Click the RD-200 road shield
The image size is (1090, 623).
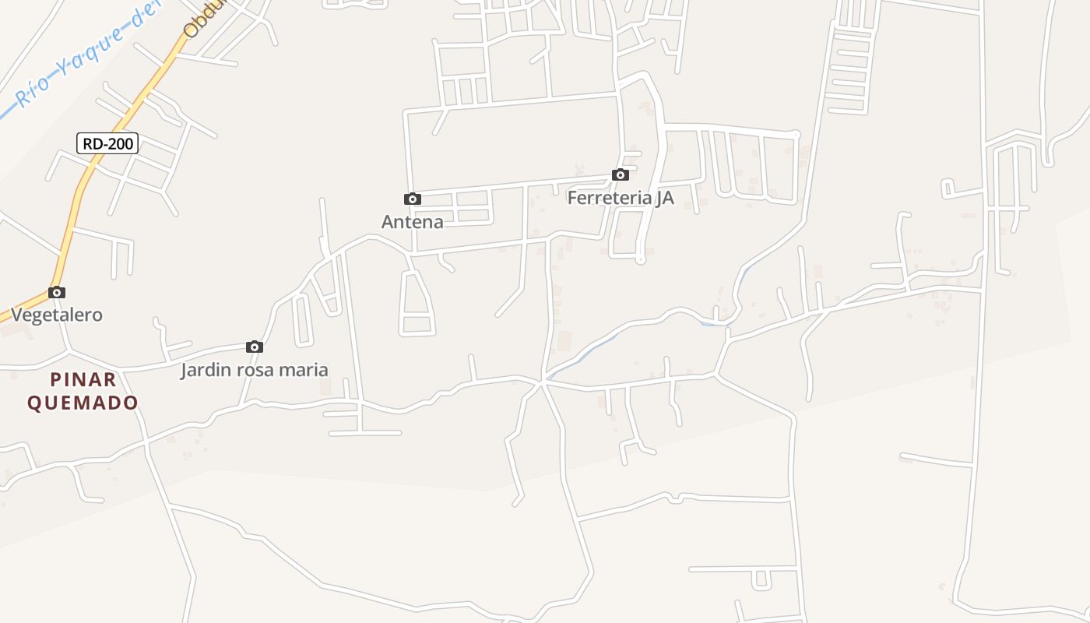(107, 143)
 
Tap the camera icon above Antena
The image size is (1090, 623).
(413, 199)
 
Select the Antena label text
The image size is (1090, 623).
(412, 222)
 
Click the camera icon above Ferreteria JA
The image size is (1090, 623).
(621, 175)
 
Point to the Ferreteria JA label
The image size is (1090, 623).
(620, 198)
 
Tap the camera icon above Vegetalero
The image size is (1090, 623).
(57, 293)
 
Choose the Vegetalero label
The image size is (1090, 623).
(57, 315)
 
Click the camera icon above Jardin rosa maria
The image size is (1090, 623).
(255, 347)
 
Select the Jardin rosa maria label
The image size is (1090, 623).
(255, 370)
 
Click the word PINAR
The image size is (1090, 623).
(83, 380)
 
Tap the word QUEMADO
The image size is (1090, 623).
(83, 403)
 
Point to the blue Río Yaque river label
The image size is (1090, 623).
(86, 55)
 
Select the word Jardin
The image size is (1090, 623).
(206, 370)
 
